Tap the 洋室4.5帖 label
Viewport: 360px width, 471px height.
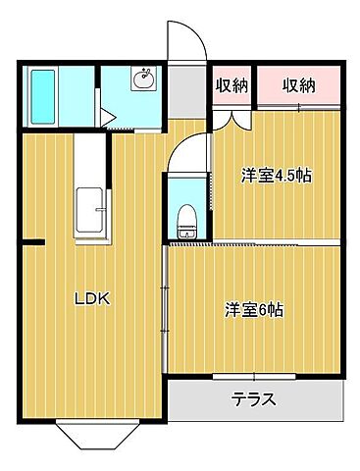pos(278,177)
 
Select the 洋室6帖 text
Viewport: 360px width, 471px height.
pos(254,310)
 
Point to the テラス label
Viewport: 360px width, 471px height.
pos(253,399)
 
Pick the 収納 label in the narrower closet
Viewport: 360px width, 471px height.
pos(231,85)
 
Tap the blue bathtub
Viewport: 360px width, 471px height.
pos(43,97)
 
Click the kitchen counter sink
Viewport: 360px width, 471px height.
pos(85,210)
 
